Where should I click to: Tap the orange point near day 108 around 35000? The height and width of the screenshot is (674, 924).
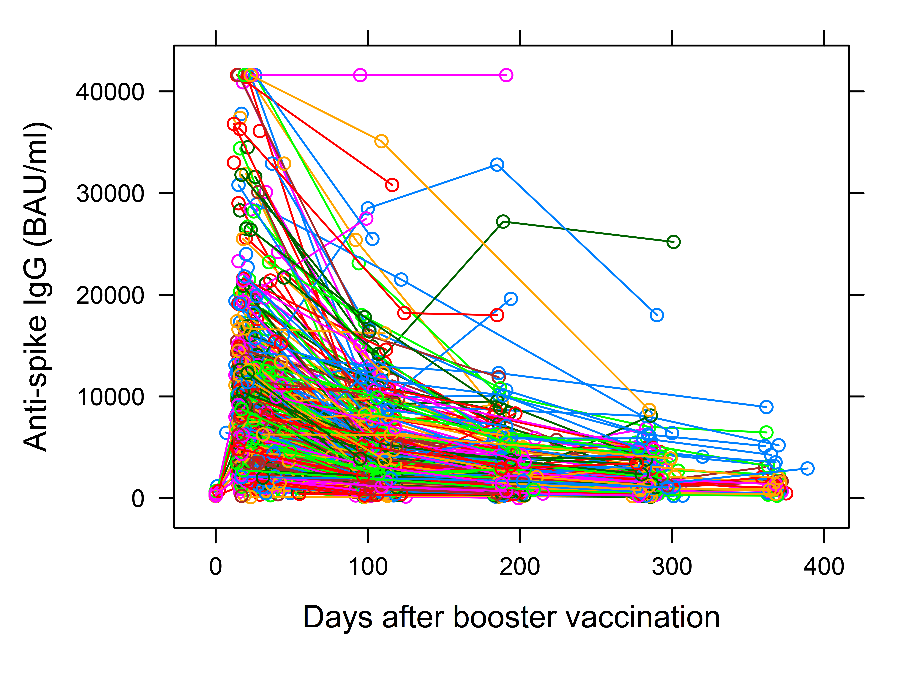click(x=381, y=142)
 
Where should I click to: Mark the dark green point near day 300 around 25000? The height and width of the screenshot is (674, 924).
click(x=673, y=242)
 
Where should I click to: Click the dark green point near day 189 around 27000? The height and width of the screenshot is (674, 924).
click(x=503, y=221)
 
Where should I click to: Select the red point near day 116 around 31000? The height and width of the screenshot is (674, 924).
click(x=392, y=185)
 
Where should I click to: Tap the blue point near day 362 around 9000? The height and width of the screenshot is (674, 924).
click(x=766, y=407)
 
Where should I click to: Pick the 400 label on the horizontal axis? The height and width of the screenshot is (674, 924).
click(x=824, y=567)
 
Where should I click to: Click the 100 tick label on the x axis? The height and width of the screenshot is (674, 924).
click(x=368, y=567)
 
